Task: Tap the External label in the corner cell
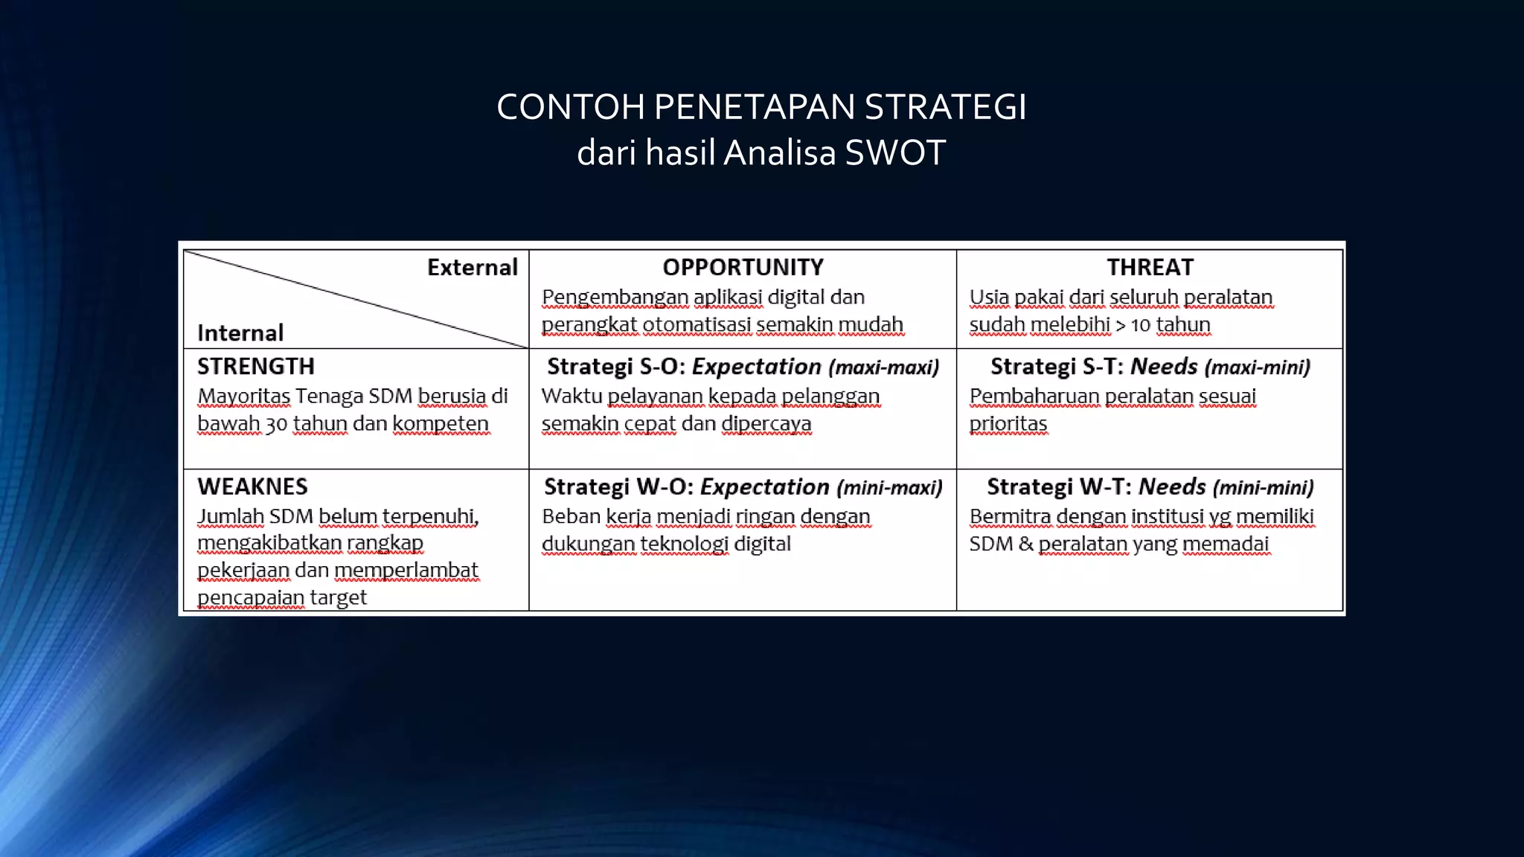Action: coord(472,267)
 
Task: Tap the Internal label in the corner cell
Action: coord(240,333)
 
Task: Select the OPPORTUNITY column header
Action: coord(743,267)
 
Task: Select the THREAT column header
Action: coord(1150,267)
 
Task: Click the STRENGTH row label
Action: coord(256,366)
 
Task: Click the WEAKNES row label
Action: coord(252,487)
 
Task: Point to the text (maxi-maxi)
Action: coord(883,367)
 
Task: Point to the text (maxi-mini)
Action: coord(1257,367)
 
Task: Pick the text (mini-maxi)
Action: coord(889,487)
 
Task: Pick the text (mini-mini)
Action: coord(1263,487)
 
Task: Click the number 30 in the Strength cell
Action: coord(276,424)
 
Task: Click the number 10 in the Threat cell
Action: coord(1140,325)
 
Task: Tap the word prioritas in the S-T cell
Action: coord(1008,424)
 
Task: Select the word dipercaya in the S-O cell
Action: coord(766,424)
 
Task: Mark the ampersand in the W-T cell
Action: coord(1025,544)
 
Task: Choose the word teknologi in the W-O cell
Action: coord(684,544)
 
